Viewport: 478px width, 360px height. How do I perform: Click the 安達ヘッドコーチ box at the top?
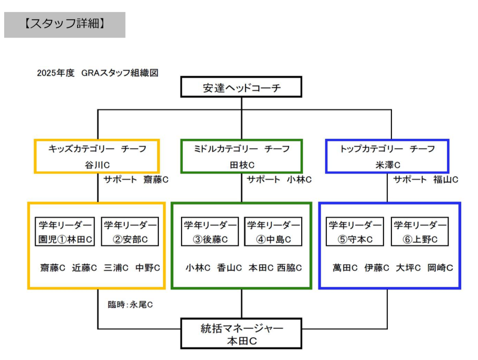click(x=241, y=89)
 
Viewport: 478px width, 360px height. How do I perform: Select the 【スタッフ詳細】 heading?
click(x=65, y=25)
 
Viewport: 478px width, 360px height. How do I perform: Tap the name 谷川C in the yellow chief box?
click(x=97, y=164)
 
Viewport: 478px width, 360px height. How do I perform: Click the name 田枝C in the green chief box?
click(x=242, y=164)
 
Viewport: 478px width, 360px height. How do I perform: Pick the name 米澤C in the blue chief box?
click(x=387, y=164)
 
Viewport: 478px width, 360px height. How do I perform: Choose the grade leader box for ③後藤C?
click(x=210, y=232)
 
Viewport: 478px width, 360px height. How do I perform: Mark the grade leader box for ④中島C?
click(x=273, y=232)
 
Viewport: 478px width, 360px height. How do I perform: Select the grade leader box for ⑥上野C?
click(x=419, y=232)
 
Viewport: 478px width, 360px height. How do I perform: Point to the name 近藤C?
click(x=84, y=268)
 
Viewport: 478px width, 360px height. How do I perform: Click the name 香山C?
click(x=229, y=268)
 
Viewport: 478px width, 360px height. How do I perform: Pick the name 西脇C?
click(x=289, y=268)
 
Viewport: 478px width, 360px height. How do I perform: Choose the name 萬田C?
click(x=345, y=268)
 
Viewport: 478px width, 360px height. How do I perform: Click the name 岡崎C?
click(x=440, y=268)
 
